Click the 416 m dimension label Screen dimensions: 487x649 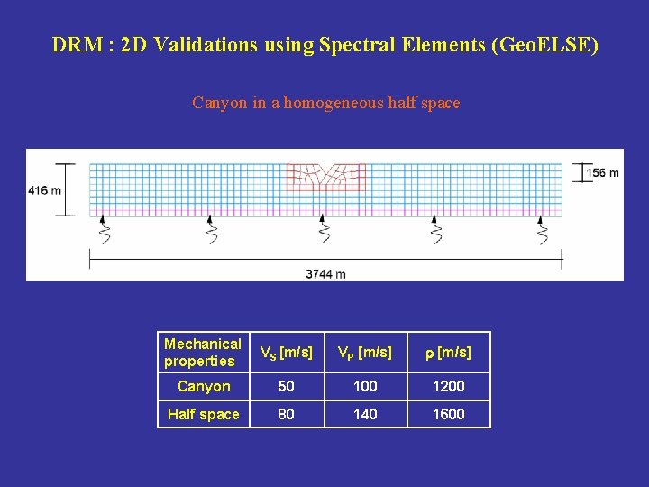(44, 190)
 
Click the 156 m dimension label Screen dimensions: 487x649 (602, 172)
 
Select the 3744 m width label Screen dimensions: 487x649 (325, 273)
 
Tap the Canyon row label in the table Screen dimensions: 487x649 (204, 386)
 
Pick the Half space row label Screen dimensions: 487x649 (204, 414)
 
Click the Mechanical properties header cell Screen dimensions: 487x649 (202, 352)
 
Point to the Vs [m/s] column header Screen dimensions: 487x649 (286, 352)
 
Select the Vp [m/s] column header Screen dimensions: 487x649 (364, 352)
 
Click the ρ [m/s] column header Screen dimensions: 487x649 (448, 352)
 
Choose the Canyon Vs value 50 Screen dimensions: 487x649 (286, 386)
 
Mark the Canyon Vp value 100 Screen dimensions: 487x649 (364, 386)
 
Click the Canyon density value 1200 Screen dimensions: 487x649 (448, 386)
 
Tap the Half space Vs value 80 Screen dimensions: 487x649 (286, 414)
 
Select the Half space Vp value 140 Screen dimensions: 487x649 (364, 414)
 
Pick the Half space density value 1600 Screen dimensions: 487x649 (448, 414)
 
